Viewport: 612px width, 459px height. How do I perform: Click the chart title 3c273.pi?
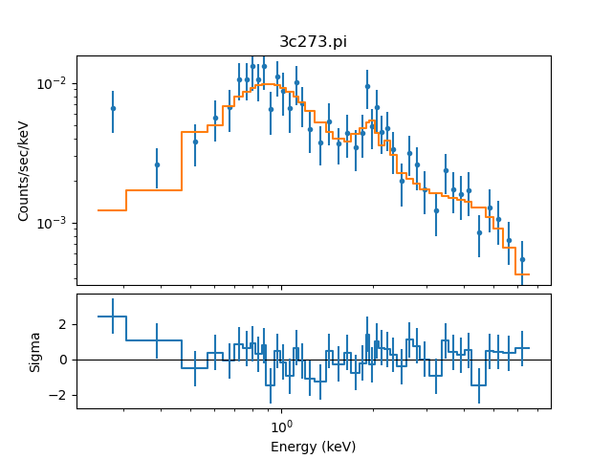313,43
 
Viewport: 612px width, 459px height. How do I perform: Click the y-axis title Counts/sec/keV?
24,170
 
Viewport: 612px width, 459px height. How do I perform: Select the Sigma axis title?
35,351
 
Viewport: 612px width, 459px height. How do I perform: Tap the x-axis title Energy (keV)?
313,447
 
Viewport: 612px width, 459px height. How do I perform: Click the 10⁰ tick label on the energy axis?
280,426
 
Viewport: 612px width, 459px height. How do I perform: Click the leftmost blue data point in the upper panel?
113,108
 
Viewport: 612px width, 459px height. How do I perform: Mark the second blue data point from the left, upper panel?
157,164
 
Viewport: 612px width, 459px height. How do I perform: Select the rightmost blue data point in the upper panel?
522,259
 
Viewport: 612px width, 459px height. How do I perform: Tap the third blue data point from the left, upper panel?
195,142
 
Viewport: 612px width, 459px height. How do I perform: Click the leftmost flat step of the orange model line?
112,210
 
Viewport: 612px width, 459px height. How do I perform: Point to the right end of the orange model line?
528,274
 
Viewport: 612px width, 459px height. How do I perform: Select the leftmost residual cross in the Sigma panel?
113,316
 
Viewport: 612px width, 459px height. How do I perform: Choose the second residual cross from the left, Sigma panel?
157,339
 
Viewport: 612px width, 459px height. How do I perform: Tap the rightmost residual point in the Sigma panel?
522,348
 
